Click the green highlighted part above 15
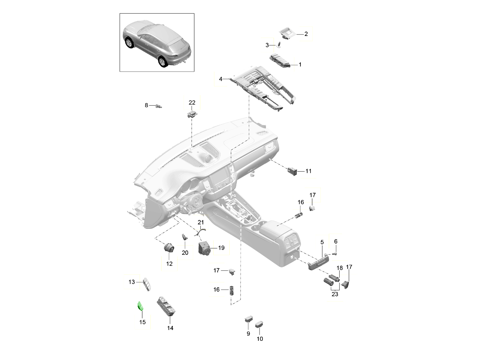click(140, 306)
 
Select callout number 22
click(192, 103)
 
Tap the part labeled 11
click(292, 171)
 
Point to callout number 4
click(220, 80)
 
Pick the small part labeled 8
click(160, 106)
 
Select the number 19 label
click(221, 248)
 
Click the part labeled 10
click(260, 324)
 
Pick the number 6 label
click(336, 241)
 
